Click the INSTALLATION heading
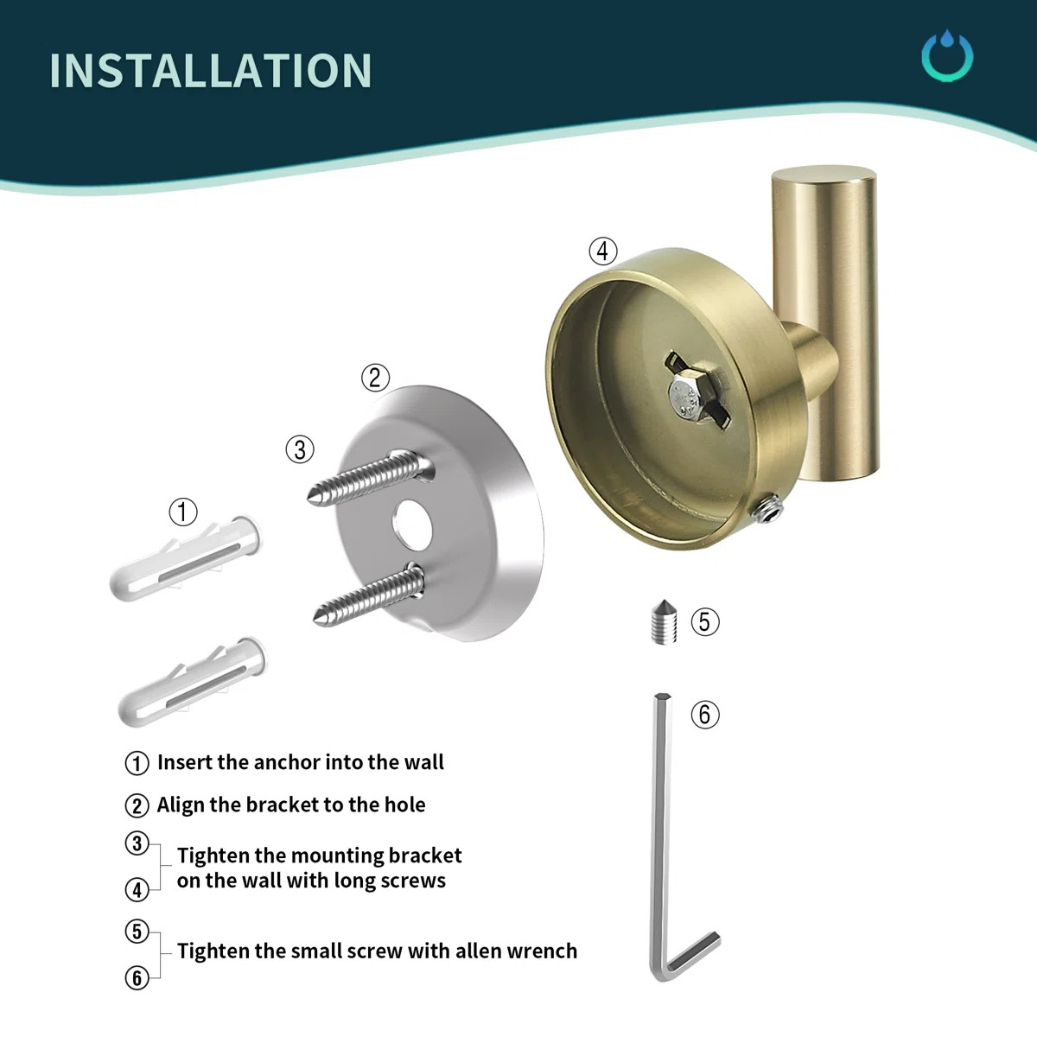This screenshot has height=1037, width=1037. point(211,71)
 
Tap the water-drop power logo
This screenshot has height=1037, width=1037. point(947,57)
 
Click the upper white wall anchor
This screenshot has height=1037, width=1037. point(185,561)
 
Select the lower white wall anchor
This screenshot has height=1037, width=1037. point(194,682)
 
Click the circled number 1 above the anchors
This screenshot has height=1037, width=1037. point(182,512)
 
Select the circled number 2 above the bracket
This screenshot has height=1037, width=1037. point(374,378)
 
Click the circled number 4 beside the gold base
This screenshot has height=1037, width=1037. point(603,251)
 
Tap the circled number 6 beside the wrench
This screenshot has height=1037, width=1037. point(705,714)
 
